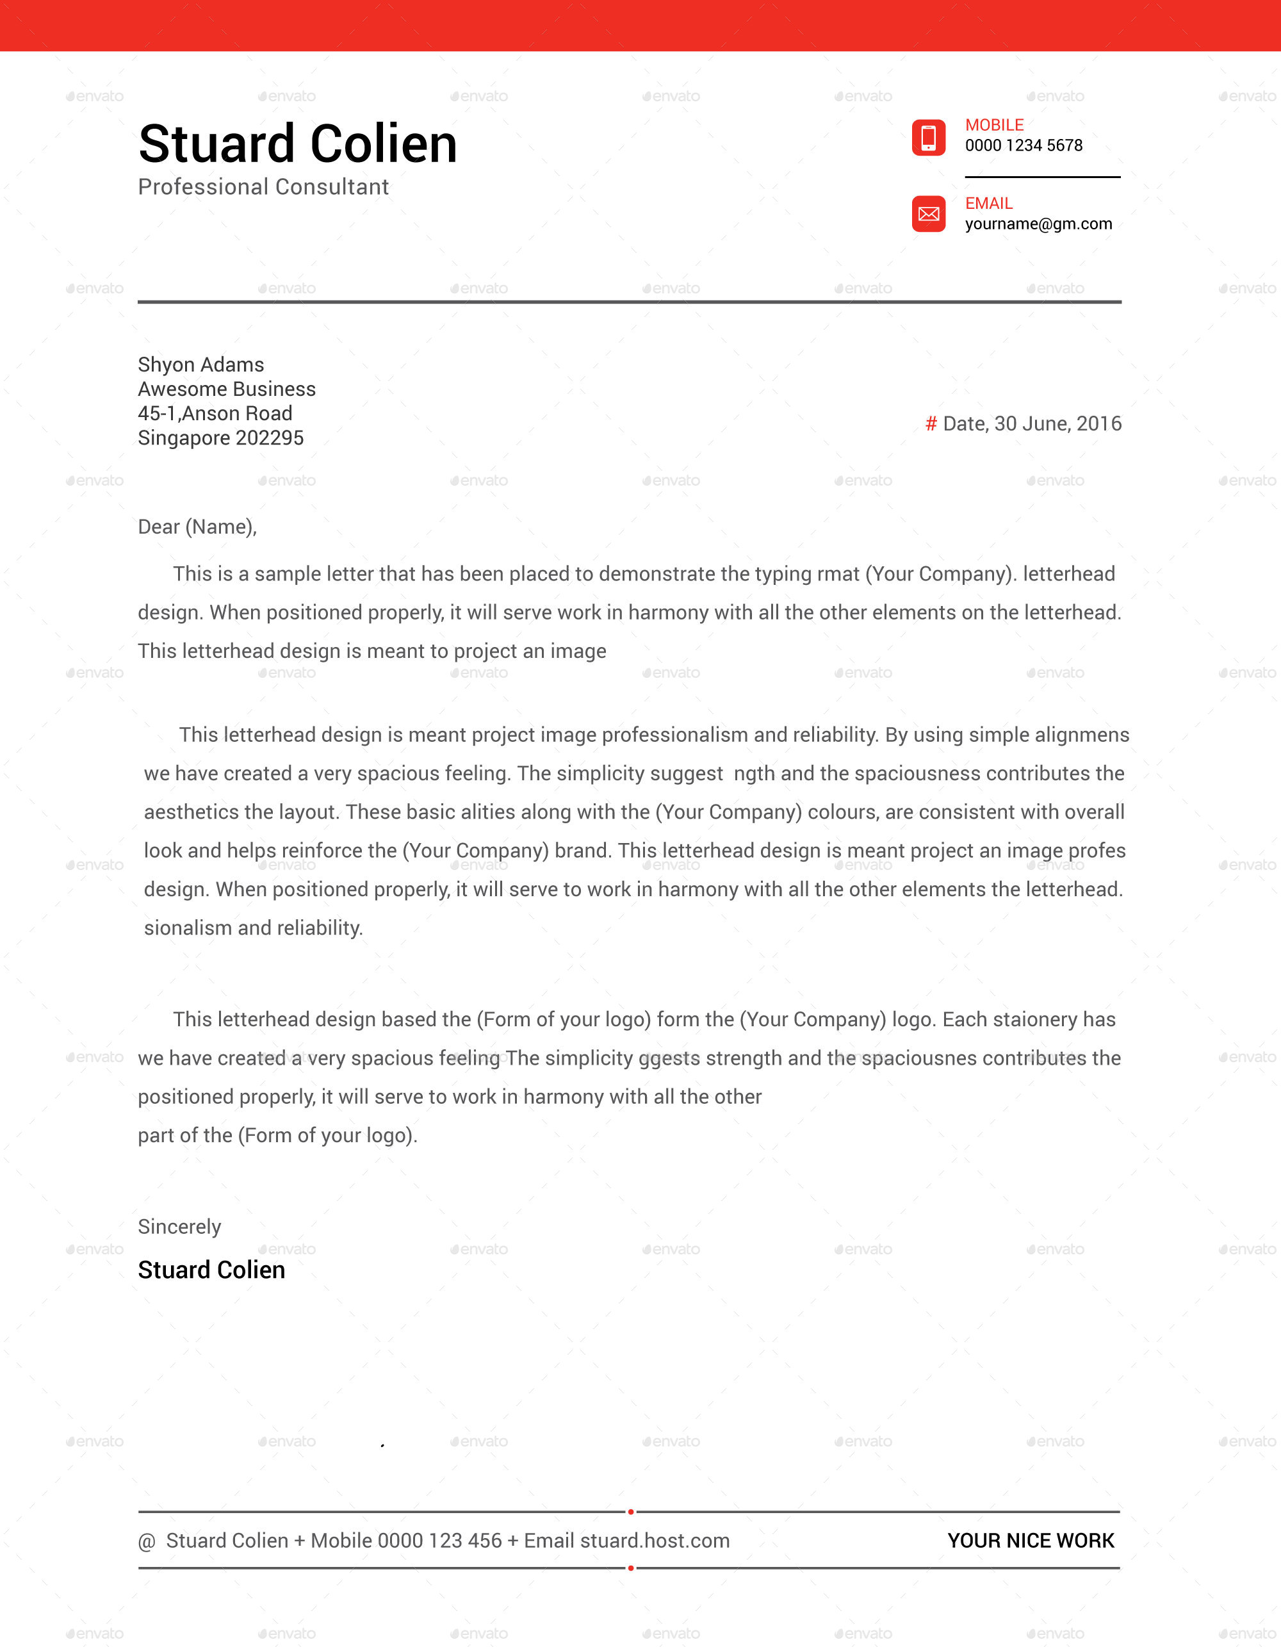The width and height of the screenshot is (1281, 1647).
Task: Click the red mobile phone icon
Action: [x=928, y=137]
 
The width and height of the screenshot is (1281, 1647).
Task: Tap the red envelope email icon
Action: [x=928, y=214]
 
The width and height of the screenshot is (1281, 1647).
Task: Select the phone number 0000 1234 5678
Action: [x=1023, y=145]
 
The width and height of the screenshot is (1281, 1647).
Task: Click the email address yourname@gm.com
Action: [x=1038, y=224]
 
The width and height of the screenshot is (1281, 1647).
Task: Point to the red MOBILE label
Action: [x=994, y=125]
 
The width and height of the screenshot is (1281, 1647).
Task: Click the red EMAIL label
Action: [x=988, y=204]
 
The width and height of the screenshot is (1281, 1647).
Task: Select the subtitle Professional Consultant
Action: [x=263, y=187]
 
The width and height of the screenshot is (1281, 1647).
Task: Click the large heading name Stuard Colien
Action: [x=298, y=144]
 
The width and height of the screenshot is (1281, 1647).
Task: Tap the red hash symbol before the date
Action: [x=931, y=424]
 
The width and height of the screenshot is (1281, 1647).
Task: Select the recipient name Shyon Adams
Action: [x=200, y=365]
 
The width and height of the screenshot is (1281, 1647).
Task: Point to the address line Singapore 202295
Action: [x=220, y=438]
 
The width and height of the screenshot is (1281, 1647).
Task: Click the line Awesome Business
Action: [x=226, y=389]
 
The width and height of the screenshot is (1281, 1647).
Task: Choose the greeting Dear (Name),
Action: [x=197, y=527]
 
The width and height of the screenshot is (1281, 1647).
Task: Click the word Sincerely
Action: [x=179, y=1227]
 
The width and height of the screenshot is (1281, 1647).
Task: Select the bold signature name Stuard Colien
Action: [x=211, y=1270]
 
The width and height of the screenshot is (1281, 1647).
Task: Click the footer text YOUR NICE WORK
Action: [x=1031, y=1541]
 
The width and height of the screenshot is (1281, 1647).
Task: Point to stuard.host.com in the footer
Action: [x=655, y=1541]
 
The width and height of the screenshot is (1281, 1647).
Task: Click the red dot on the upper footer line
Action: [x=630, y=1512]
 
